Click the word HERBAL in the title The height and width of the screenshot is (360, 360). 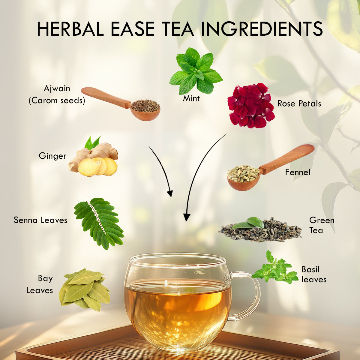(x=70, y=29)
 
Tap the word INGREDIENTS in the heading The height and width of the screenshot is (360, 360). (x=262, y=29)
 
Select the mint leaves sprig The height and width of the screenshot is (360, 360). (x=196, y=71)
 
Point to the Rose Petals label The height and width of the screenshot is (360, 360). (x=299, y=104)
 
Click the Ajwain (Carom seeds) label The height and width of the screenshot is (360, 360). (x=57, y=94)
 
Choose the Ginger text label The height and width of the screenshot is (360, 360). (x=52, y=156)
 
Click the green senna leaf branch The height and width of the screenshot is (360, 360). (x=99, y=223)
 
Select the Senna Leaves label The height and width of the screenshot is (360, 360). (x=40, y=220)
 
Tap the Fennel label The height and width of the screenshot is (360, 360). (x=298, y=172)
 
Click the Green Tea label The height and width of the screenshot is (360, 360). (x=321, y=225)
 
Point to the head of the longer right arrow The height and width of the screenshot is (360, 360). (x=187, y=217)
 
